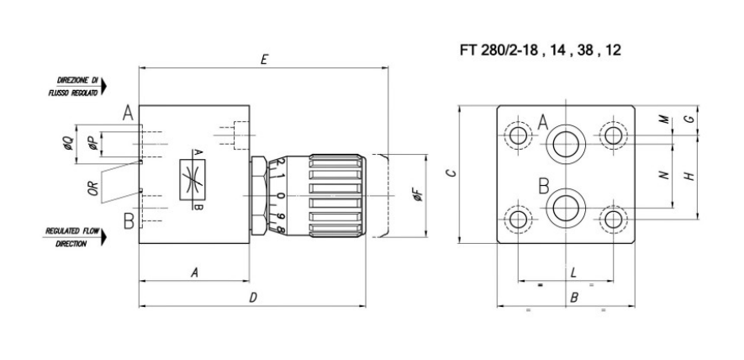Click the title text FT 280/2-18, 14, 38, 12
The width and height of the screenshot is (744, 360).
point(541,50)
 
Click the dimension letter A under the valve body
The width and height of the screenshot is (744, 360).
point(194,272)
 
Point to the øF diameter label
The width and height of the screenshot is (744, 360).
point(416,197)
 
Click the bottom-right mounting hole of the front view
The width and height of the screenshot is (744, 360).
point(614,219)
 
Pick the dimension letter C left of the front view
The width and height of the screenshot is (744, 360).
point(451,173)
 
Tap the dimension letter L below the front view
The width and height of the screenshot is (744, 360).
point(573,272)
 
